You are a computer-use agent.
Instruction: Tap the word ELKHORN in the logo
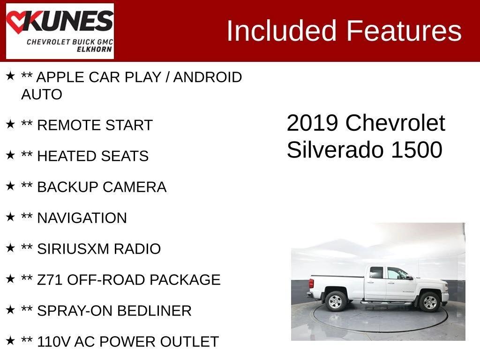click(94, 49)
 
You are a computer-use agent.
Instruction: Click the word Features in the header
click(404, 30)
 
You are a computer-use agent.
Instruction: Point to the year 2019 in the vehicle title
click(312, 123)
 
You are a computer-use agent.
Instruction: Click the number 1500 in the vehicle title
click(417, 150)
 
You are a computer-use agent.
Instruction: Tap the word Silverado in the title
click(335, 150)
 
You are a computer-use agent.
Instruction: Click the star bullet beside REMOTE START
click(10, 124)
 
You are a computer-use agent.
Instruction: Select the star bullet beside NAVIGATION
click(10, 217)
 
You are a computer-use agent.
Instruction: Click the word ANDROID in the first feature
click(208, 77)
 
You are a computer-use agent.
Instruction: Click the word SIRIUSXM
click(73, 249)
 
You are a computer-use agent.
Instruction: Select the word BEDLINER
click(154, 311)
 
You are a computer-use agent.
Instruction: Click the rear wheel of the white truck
click(336, 301)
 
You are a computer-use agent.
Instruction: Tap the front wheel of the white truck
click(429, 302)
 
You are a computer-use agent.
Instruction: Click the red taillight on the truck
click(311, 284)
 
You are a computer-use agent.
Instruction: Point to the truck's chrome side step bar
click(387, 303)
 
